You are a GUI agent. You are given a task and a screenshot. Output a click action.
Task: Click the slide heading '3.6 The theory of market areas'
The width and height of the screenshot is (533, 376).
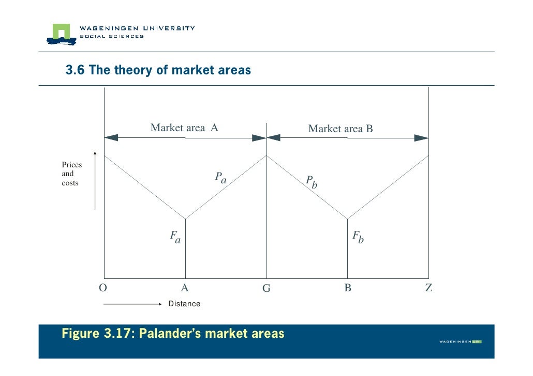coord(158,70)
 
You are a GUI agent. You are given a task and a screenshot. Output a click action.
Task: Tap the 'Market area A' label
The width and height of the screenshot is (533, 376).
coord(184,128)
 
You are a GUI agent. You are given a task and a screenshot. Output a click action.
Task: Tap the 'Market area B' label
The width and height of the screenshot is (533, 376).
coord(340,129)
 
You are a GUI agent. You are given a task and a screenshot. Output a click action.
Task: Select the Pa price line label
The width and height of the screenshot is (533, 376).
coord(221,178)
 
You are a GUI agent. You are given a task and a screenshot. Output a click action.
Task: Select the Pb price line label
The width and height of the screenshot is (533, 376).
coord(311,182)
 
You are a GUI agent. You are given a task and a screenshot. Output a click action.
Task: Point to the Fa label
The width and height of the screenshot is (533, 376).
coord(175,237)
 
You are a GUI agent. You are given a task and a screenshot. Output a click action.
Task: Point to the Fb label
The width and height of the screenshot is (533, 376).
coord(358,237)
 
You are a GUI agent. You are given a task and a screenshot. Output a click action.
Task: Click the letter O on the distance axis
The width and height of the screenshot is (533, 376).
coord(103,288)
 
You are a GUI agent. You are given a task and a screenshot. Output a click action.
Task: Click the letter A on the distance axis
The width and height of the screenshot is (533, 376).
coord(185,288)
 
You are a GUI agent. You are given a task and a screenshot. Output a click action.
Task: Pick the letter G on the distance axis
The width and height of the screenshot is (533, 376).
coord(266,288)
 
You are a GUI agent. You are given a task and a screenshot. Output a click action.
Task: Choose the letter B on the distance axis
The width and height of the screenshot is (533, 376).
coord(348,288)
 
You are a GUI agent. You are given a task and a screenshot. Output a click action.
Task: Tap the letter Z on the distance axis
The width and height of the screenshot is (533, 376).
coord(428,288)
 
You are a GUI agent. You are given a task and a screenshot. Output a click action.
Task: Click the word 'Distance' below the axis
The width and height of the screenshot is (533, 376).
coord(184,304)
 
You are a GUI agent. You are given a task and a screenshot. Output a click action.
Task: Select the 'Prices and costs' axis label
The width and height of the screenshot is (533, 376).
coord(71,174)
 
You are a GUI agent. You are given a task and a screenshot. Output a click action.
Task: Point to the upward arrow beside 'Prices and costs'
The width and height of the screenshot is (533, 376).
coord(95,181)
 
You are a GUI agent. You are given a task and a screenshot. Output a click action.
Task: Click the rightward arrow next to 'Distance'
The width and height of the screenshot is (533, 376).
coord(133,304)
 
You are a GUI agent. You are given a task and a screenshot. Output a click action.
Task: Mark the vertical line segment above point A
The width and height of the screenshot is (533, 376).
coord(185,248)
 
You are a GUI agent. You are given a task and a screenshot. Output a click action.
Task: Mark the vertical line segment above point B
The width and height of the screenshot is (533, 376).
coord(347,248)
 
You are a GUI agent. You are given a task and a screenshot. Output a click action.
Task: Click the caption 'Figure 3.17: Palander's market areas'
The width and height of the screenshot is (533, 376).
coord(173,334)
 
